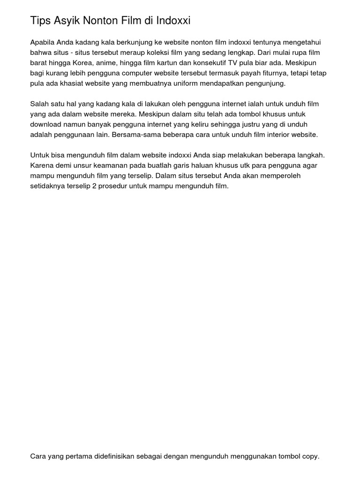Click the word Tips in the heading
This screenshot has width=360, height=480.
[40, 21]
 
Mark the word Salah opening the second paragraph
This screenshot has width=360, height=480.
[39, 104]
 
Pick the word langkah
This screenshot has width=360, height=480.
[309, 156]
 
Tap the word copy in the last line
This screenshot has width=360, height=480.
[310, 456]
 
